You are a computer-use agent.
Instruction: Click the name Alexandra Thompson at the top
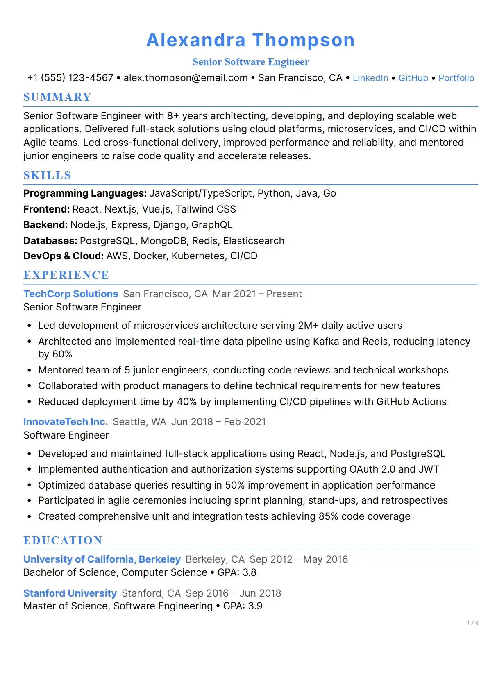click(x=250, y=40)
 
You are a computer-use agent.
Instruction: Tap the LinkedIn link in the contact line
click(x=370, y=78)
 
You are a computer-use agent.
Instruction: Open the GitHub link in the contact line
click(x=413, y=78)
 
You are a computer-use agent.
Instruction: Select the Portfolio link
click(x=456, y=78)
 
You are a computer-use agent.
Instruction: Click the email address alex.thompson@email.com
click(x=186, y=78)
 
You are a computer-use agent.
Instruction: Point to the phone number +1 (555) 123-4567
click(x=70, y=78)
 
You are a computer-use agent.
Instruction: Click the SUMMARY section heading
click(x=57, y=97)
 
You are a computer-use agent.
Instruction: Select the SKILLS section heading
click(x=47, y=175)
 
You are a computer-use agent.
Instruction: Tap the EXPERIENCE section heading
click(x=66, y=275)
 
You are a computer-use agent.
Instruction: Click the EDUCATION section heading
click(x=63, y=541)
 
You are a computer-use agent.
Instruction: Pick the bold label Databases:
click(x=50, y=241)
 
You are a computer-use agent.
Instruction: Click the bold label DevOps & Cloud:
click(x=64, y=256)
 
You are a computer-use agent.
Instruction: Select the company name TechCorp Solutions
click(x=70, y=294)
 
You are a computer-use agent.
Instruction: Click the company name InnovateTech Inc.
click(x=66, y=422)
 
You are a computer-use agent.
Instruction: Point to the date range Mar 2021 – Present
click(x=257, y=294)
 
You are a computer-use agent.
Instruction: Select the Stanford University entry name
click(x=70, y=593)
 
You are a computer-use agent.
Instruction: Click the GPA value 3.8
click(x=250, y=572)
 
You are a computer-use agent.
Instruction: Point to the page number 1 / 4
click(x=472, y=623)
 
